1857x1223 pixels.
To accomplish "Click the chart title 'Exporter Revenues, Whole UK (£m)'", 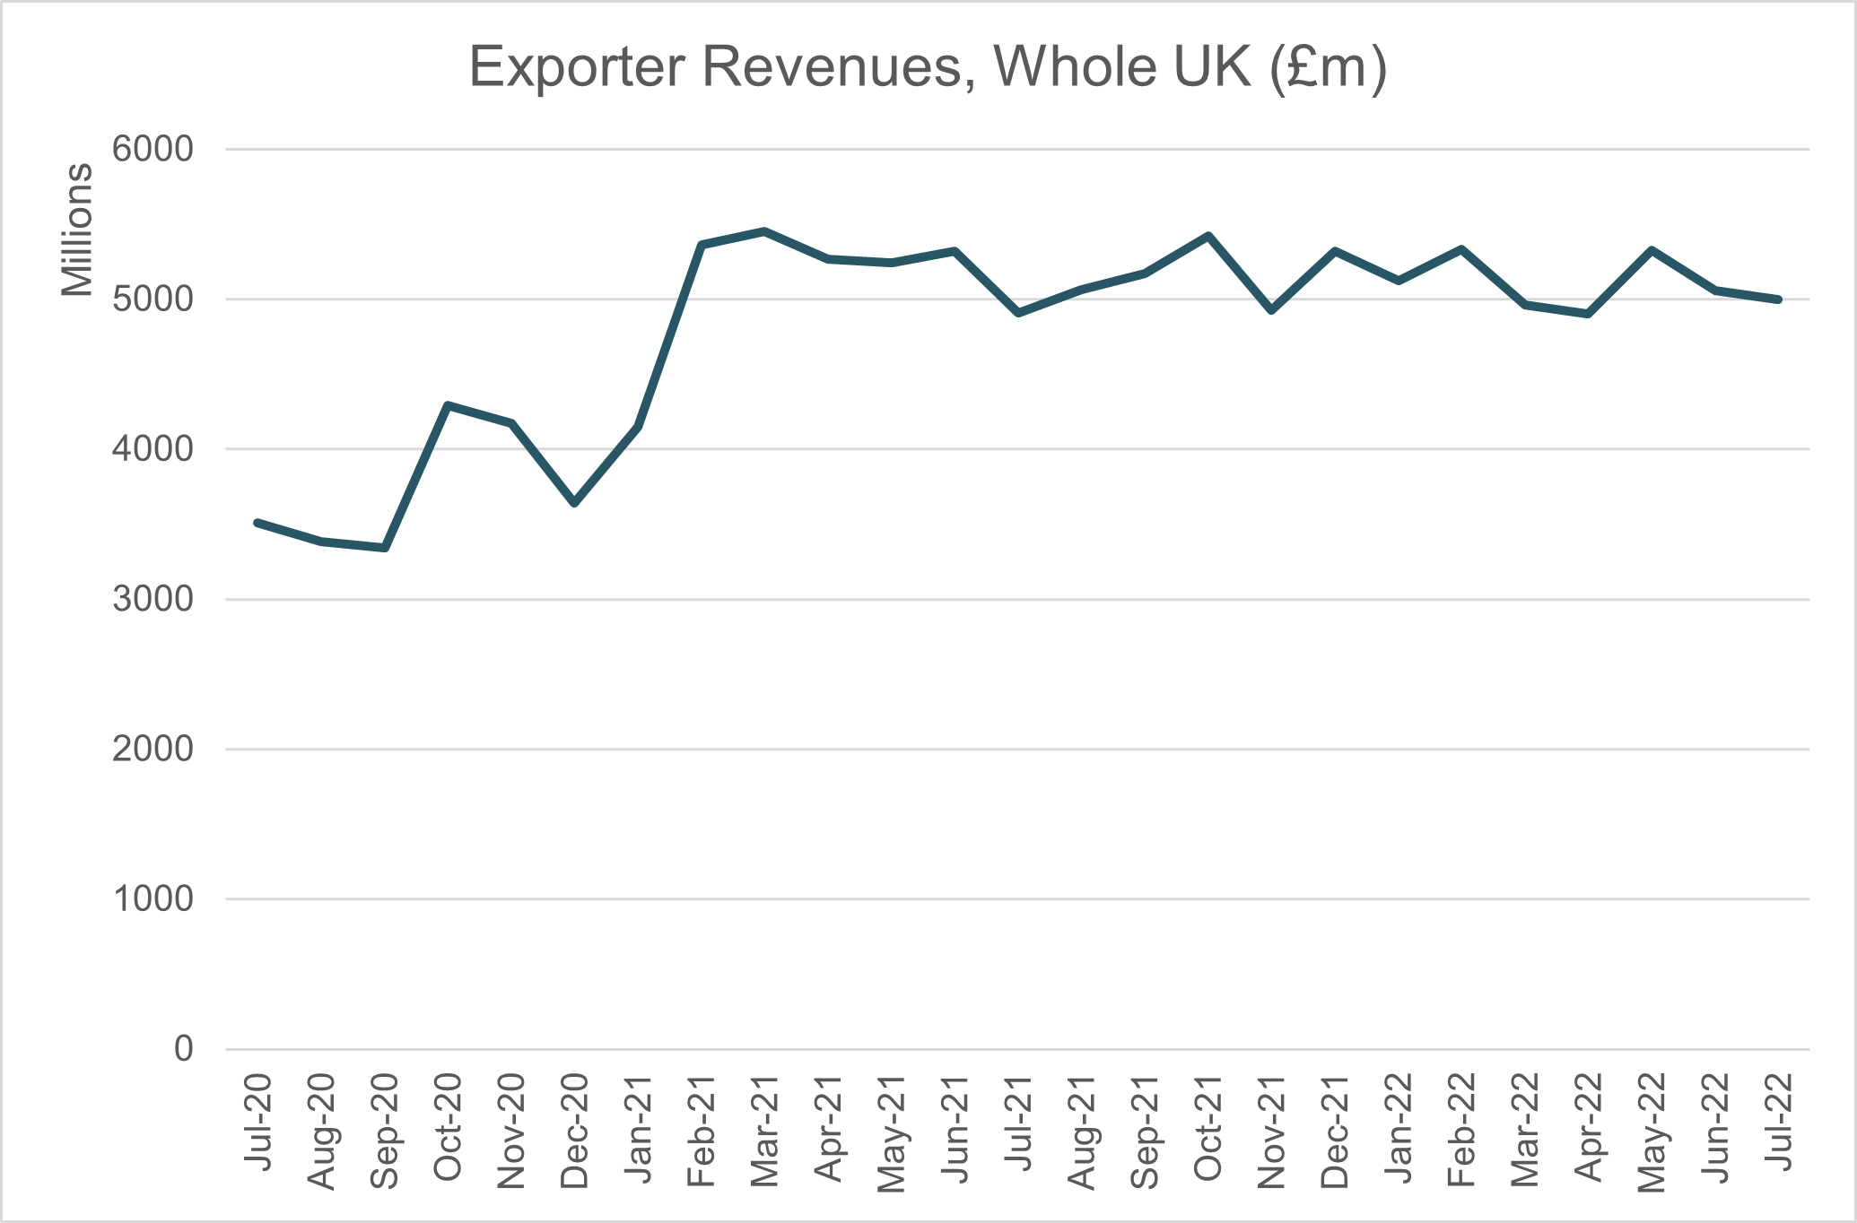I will point(928,67).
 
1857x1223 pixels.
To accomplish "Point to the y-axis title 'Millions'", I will point(77,230).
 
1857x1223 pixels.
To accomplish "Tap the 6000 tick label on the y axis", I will point(153,150).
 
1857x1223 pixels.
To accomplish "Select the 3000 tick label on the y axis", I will point(153,599).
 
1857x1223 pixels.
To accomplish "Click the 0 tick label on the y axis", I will point(183,1048).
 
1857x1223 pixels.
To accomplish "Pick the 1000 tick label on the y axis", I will point(153,898).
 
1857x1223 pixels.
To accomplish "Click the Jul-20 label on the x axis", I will point(257,1121).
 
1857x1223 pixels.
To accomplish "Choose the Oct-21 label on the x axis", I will point(1207,1128).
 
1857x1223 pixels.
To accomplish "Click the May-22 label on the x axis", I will point(1652,1132).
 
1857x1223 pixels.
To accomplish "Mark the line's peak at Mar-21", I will point(764,231).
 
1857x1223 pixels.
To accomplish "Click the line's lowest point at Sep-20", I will point(384,548).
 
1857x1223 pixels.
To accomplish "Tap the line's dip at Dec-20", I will point(574,504).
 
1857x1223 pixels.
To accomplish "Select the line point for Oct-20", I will point(448,405).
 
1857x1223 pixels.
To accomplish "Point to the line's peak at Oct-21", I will point(1208,236).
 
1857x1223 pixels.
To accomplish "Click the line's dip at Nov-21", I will point(1271,310).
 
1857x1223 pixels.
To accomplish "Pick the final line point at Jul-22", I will point(1778,299).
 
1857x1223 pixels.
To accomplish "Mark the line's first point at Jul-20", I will point(257,522).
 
